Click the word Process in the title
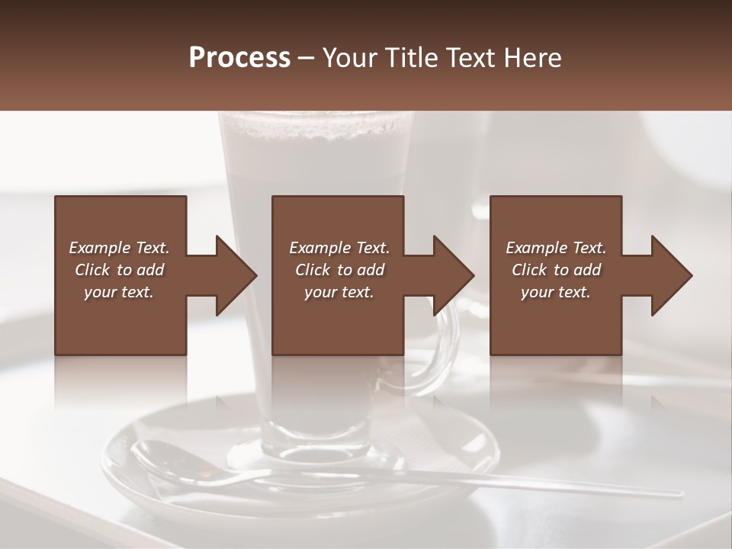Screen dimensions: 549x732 (x=239, y=57)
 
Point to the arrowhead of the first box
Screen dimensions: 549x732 (x=237, y=275)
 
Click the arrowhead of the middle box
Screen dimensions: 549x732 (x=454, y=275)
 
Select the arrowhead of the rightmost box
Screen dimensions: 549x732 (x=672, y=275)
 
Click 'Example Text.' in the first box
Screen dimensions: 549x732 (x=119, y=248)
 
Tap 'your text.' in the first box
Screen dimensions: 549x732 (x=119, y=292)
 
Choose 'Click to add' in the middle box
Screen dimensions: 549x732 (x=339, y=270)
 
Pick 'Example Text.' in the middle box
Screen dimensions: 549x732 (x=339, y=248)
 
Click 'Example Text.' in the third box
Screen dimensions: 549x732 (x=556, y=248)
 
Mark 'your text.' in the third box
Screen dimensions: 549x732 (x=556, y=292)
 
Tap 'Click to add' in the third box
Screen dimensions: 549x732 (x=556, y=270)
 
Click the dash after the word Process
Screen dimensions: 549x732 (x=307, y=58)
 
